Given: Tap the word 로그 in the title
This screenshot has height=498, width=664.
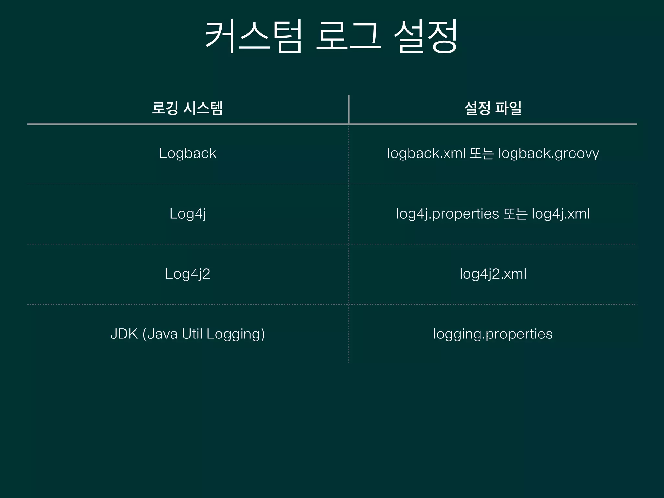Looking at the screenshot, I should [x=349, y=36].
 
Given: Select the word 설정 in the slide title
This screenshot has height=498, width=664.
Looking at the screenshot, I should [x=425, y=36].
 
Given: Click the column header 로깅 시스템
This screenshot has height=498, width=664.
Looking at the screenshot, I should [x=187, y=108].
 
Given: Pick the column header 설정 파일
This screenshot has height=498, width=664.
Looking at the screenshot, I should [x=493, y=108].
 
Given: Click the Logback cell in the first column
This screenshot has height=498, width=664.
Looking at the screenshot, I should [x=188, y=153].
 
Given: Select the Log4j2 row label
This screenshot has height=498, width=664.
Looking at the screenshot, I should [x=188, y=274].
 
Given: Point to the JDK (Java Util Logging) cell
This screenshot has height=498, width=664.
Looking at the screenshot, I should [x=187, y=334].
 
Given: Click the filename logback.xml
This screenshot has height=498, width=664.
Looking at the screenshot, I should [x=426, y=153].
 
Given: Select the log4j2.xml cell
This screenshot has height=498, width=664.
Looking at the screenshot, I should [x=493, y=274].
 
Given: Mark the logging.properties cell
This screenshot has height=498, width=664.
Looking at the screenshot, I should [x=493, y=334].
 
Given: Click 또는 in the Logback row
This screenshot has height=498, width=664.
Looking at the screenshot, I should [x=482, y=153].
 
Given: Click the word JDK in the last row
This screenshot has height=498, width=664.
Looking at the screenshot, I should [x=124, y=334].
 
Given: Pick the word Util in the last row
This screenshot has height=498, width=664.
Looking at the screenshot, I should [x=192, y=334].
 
